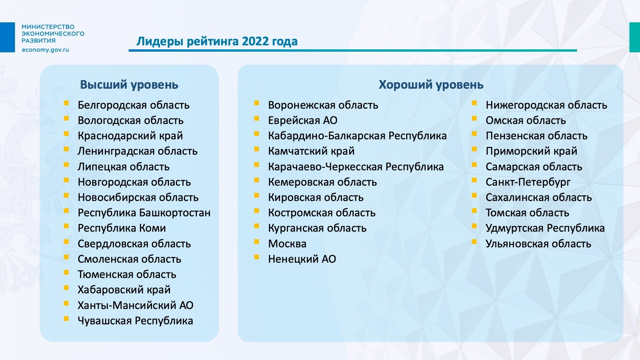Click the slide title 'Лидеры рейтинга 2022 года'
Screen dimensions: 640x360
click(x=217, y=41)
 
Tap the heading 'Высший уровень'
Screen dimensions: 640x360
click(x=129, y=85)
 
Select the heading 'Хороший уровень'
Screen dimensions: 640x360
click(x=431, y=85)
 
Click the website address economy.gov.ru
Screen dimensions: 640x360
click(x=45, y=50)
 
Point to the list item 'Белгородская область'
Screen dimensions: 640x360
click(x=134, y=105)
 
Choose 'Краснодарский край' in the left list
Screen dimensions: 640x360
click(x=130, y=136)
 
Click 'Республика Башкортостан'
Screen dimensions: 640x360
click(x=144, y=213)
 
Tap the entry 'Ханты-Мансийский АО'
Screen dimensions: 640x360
click(x=135, y=305)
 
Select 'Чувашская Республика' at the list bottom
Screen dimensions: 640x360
click(x=135, y=321)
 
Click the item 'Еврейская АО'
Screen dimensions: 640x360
click(x=303, y=120)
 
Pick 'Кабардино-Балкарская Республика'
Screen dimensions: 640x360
click(x=357, y=136)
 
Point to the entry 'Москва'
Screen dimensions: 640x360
click(x=287, y=244)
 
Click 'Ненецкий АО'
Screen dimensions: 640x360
click(x=302, y=259)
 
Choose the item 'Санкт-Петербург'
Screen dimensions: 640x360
click(x=528, y=182)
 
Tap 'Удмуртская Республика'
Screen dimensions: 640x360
click(x=545, y=228)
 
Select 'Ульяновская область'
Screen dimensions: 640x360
click(x=538, y=244)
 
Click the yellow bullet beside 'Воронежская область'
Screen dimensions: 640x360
click(x=257, y=103)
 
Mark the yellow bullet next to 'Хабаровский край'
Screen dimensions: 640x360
click(x=66, y=288)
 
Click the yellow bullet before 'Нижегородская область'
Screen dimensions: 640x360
click(x=474, y=103)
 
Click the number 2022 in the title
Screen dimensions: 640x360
click(x=255, y=41)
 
